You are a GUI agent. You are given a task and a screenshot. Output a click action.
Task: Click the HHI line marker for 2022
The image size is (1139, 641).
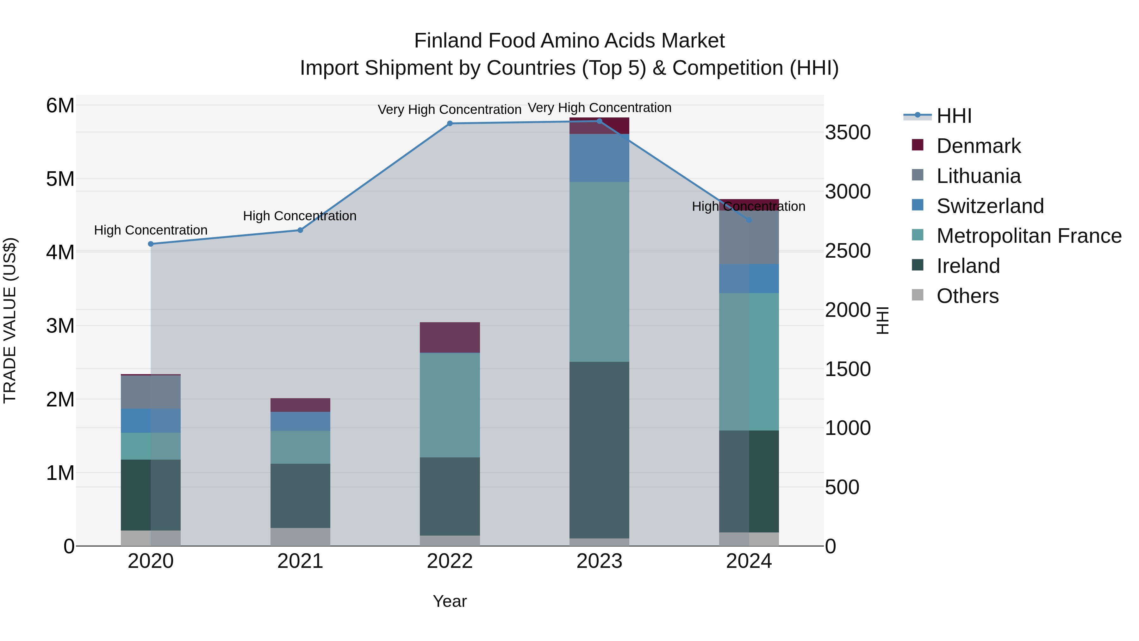pyautogui.click(x=450, y=123)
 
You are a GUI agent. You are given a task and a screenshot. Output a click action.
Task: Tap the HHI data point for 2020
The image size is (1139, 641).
pyautogui.click(x=151, y=244)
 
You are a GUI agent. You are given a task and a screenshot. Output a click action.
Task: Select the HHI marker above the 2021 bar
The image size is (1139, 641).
pyautogui.click(x=300, y=230)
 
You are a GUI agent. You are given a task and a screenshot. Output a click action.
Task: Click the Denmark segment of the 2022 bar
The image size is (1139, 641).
pyautogui.click(x=450, y=337)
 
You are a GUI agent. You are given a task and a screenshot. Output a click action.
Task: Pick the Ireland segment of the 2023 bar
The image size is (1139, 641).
pyautogui.click(x=599, y=450)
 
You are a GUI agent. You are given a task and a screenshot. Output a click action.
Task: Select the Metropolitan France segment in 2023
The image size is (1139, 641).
pyautogui.click(x=599, y=272)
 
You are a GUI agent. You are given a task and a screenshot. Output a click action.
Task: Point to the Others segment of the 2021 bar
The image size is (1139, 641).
pyautogui.click(x=300, y=537)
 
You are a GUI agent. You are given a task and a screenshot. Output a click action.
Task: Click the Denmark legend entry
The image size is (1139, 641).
pyautogui.click(x=978, y=146)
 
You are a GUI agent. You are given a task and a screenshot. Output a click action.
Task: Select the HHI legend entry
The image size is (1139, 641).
pyautogui.click(x=954, y=116)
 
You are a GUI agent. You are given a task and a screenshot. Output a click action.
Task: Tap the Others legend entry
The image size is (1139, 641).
pyautogui.click(x=967, y=296)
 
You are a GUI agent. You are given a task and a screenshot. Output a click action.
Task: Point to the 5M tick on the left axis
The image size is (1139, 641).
pyautogui.click(x=60, y=179)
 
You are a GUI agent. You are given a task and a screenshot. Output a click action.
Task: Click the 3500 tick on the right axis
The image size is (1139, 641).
pyautogui.click(x=848, y=132)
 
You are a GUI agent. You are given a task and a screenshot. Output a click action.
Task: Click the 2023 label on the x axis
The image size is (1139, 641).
pyautogui.click(x=599, y=561)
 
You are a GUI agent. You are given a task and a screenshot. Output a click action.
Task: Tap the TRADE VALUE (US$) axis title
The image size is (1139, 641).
pyautogui.click(x=10, y=320)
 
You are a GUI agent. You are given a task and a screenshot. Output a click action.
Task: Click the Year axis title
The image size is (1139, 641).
pyautogui.click(x=450, y=601)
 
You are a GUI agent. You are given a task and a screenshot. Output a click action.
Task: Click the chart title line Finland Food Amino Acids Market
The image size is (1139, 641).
pyautogui.click(x=569, y=41)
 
